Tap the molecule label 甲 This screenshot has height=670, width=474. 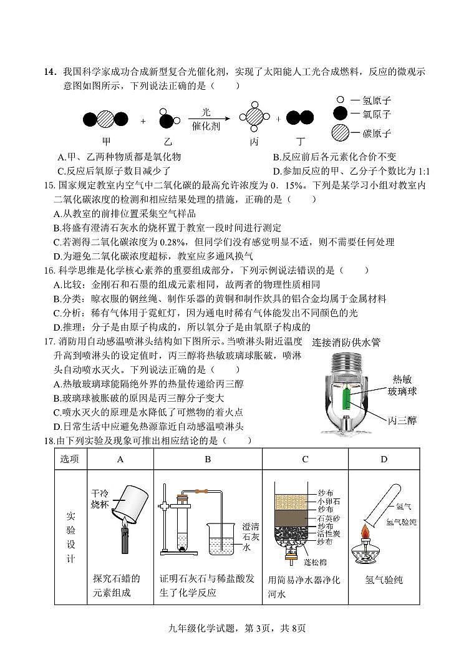click(106, 141)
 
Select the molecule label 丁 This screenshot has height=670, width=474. click(301, 141)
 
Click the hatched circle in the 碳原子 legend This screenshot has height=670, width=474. click(340, 132)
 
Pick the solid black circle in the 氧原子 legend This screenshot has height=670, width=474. click(340, 114)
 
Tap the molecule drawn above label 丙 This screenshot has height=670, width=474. click(254, 117)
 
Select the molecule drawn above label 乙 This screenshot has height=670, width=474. click(167, 119)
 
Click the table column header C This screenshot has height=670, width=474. click(305, 459)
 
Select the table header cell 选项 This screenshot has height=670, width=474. click(70, 459)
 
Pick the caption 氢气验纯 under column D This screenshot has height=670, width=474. click(384, 580)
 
